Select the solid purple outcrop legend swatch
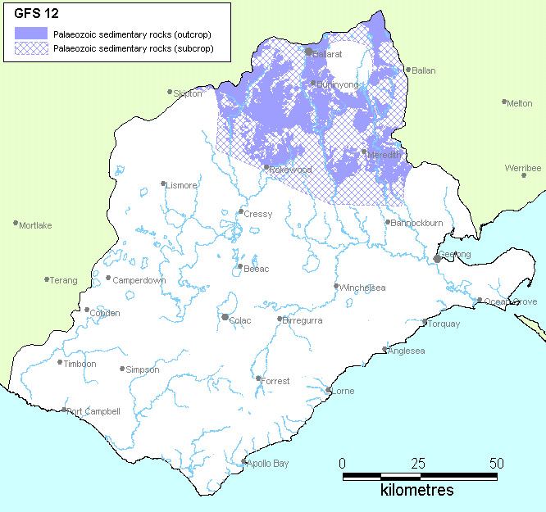[x=31, y=34]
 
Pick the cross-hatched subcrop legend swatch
[x=31, y=50]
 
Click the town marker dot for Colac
[x=225, y=317]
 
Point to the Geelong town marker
[x=437, y=258]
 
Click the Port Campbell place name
[x=94, y=411]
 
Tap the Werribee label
[x=523, y=168]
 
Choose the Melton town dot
[x=504, y=102]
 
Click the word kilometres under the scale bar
[x=416, y=491]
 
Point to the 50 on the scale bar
[x=496, y=463]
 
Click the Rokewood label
[x=290, y=170]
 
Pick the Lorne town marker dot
[x=329, y=390]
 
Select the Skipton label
[x=188, y=94]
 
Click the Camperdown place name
[x=139, y=280]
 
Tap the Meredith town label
[x=384, y=155]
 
